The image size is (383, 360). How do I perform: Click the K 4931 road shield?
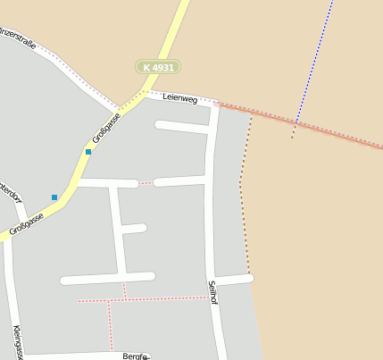pyautogui.click(x=158, y=67)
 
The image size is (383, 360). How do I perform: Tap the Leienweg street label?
pyautogui.click(x=179, y=98)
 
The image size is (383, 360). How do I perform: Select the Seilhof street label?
pyautogui.click(x=213, y=292)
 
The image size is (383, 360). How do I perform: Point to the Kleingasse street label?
pyautogui.click(x=17, y=341)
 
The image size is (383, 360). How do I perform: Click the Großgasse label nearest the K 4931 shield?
pyautogui.click(x=106, y=128)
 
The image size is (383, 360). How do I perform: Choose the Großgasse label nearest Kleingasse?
pyautogui.click(x=27, y=223)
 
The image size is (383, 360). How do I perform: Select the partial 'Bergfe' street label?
pyautogui.click(x=134, y=356)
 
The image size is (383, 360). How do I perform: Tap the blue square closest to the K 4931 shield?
pyautogui.click(x=87, y=152)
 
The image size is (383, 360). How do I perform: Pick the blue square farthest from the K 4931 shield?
pyautogui.click(x=54, y=197)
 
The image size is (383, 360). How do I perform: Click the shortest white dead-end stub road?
pyautogui.click(x=132, y=229)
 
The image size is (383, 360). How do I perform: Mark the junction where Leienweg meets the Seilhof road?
pyautogui.click(x=215, y=104)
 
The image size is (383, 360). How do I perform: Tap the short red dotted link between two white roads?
pyautogui.click(x=146, y=183)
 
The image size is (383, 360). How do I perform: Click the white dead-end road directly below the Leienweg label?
pyautogui.click(x=183, y=126)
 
